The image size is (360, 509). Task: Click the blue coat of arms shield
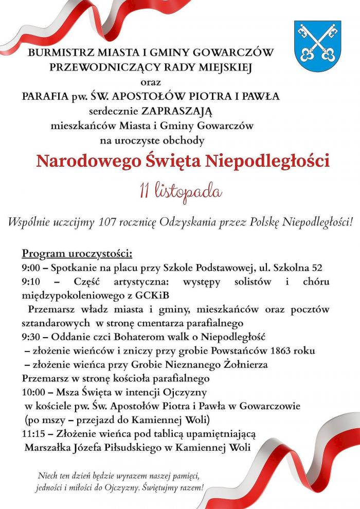click(317, 46)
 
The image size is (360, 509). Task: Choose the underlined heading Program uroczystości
click(77, 254)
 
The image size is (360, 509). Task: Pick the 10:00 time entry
click(33, 393)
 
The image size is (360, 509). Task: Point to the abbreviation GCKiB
click(154, 295)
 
